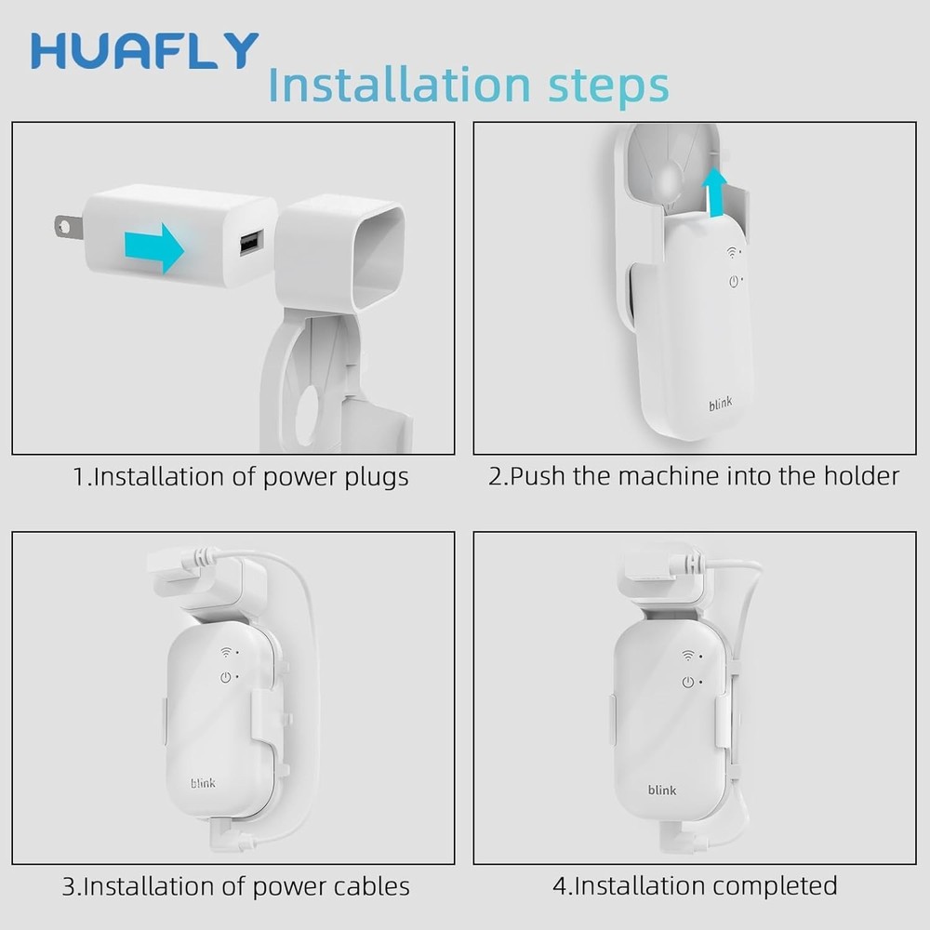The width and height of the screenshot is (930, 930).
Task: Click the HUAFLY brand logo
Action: (144, 51)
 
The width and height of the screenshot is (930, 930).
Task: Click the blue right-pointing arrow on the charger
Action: (154, 247)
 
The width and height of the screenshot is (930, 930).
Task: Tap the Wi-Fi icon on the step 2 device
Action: (732, 251)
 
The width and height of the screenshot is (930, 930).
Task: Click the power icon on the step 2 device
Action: (733, 281)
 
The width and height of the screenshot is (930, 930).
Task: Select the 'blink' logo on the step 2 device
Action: (720, 404)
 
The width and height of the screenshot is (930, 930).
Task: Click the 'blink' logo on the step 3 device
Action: (203, 783)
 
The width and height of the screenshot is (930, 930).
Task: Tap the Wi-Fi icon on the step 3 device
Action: (225, 654)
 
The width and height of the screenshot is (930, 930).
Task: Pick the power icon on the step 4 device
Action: (688, 682)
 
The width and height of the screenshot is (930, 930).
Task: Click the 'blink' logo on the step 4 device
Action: (662, 790)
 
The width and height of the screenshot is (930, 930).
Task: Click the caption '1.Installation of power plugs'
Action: (241, 477)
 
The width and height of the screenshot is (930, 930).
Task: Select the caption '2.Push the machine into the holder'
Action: (694, 477)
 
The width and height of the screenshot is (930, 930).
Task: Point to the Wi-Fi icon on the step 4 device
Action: (688, 657)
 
